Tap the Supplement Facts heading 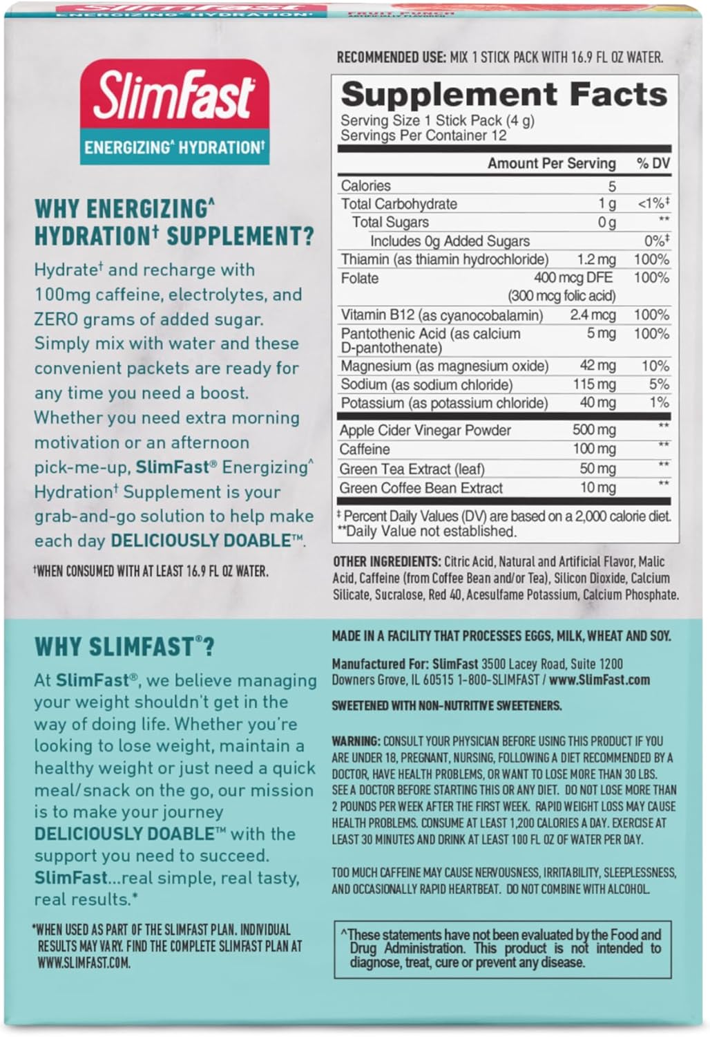click(503, 94)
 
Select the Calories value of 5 click(612, 186)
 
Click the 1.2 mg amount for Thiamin click(596, 259)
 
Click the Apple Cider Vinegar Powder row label click(425, 430)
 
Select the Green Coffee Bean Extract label click(421, 488)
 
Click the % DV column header click(653, 164)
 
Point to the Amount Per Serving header click(551, 164)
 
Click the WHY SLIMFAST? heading click(124, 647)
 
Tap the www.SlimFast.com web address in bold click(599, 680)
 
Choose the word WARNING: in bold click(356, 740)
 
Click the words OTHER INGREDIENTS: click(387, 561)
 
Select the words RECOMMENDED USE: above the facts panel click(391, 57)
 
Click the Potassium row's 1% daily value click(659, 402)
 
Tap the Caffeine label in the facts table click(365, 449)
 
